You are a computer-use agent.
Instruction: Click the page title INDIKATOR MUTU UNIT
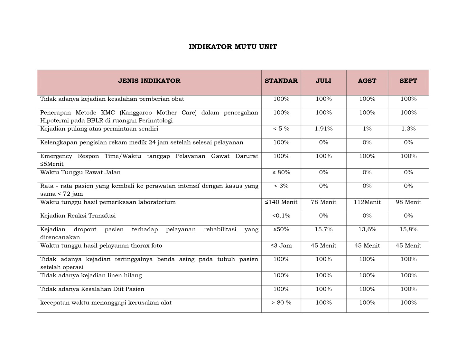pyautogui.click(x=233, y=47)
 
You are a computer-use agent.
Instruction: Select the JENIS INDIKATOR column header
pyautogui.click(x=149, y=81)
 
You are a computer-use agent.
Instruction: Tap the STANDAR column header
pyautogui.click(x=281, y=81)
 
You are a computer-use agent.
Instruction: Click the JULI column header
pyautogui.click(x=323, y=81)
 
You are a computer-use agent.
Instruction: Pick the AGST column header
pyautogui.click(x=367, y=81)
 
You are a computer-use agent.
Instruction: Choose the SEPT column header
pyautogui.click(x=408, y=81)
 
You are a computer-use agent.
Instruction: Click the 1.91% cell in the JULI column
pyautogui.click(x=324, y=129)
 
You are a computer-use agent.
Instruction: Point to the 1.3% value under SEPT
pyautogui.click(x=408, y=129)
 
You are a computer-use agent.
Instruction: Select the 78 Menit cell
pyautogui.click(x=323, y=202)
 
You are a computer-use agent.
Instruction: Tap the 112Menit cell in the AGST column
pyautogui.click(x=367, y=202)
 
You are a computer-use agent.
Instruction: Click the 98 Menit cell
pyautogui.click(x=408, y=202)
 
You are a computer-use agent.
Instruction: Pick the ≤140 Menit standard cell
pyautogui.click(x=281, y=202)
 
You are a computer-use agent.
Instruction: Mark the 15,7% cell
pyautogui.click(x=324, y=230)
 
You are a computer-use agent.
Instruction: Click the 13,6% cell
pyautogui.click(x=367, y=230)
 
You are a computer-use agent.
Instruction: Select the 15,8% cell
pyautogui.click(x=408, y=230)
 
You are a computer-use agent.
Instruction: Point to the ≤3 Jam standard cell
pyautogui.click(x=281, y=246)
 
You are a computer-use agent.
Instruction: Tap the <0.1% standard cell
pyautogui.click(x=281, y=216)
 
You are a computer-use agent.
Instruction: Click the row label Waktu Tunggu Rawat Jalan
pyautogui.click(x=80, y=172)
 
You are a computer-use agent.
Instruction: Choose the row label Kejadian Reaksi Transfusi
pyautogui.click(x=78, y=216)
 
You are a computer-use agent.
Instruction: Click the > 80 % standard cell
pyautogui.click(x=281, y=303)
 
